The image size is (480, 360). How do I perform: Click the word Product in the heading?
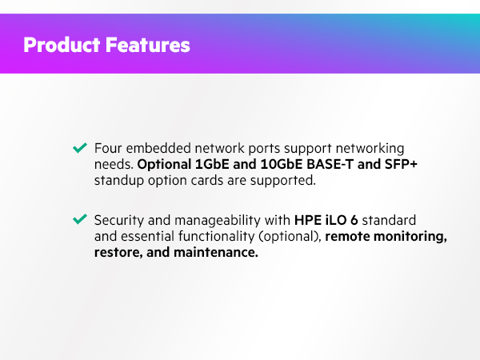point(62,45)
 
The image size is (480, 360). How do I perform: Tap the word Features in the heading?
point(148,45)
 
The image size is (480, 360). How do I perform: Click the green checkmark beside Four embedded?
point(80,148)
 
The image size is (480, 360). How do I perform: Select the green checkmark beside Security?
point(80,219)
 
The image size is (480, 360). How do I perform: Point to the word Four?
point(108,149)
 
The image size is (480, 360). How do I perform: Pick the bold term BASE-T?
point(341,165)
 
